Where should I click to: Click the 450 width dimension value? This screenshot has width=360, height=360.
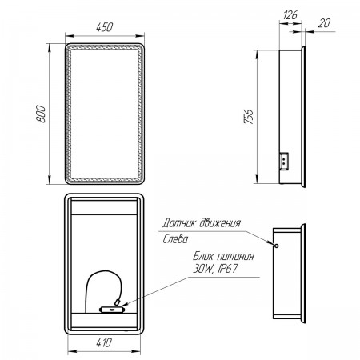pyautogui.click(x=104, y=27)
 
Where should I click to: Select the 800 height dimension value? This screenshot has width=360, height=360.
pyautogui.click(x=41, y=114)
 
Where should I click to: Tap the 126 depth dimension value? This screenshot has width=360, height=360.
pyautogui.click(x=290, y=14)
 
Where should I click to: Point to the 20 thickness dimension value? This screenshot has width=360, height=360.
pyautogui.click(x=324, y=23)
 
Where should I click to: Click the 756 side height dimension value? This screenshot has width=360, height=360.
pyautogui.click(x=249, y=116)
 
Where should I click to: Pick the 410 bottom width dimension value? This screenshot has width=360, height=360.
pyautogui.click(x=104, y=342)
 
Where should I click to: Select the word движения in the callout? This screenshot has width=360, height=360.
pyautogui.click(x=220, y=222)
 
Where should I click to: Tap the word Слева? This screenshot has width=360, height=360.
pyautogui.click(x=175, y=239)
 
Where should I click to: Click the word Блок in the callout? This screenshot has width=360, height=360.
pyautogui.click(x=203, y=256)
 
